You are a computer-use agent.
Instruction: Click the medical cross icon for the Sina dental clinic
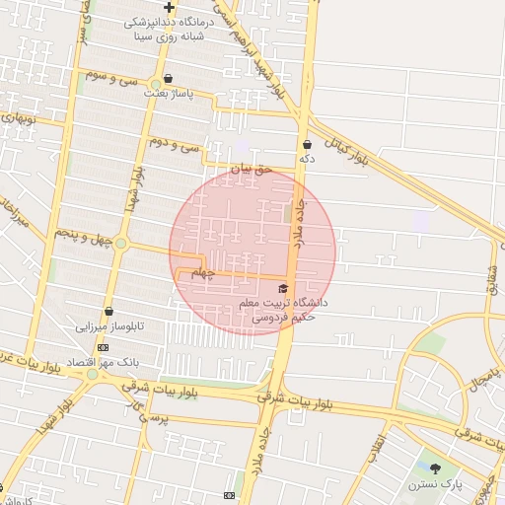pos(170,8)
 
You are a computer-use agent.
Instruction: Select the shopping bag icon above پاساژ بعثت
pos(168,78)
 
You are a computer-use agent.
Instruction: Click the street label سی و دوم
pos(174,145)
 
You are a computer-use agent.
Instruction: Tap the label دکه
pos(307,158)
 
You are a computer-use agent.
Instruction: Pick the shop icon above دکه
pos(307,144)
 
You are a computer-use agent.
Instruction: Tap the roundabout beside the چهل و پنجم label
pos(120,243)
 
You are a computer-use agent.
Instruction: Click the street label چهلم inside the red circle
pos(201,272)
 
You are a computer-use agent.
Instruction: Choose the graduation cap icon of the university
pos(284,288)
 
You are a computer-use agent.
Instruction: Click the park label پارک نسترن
pos(437,484)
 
